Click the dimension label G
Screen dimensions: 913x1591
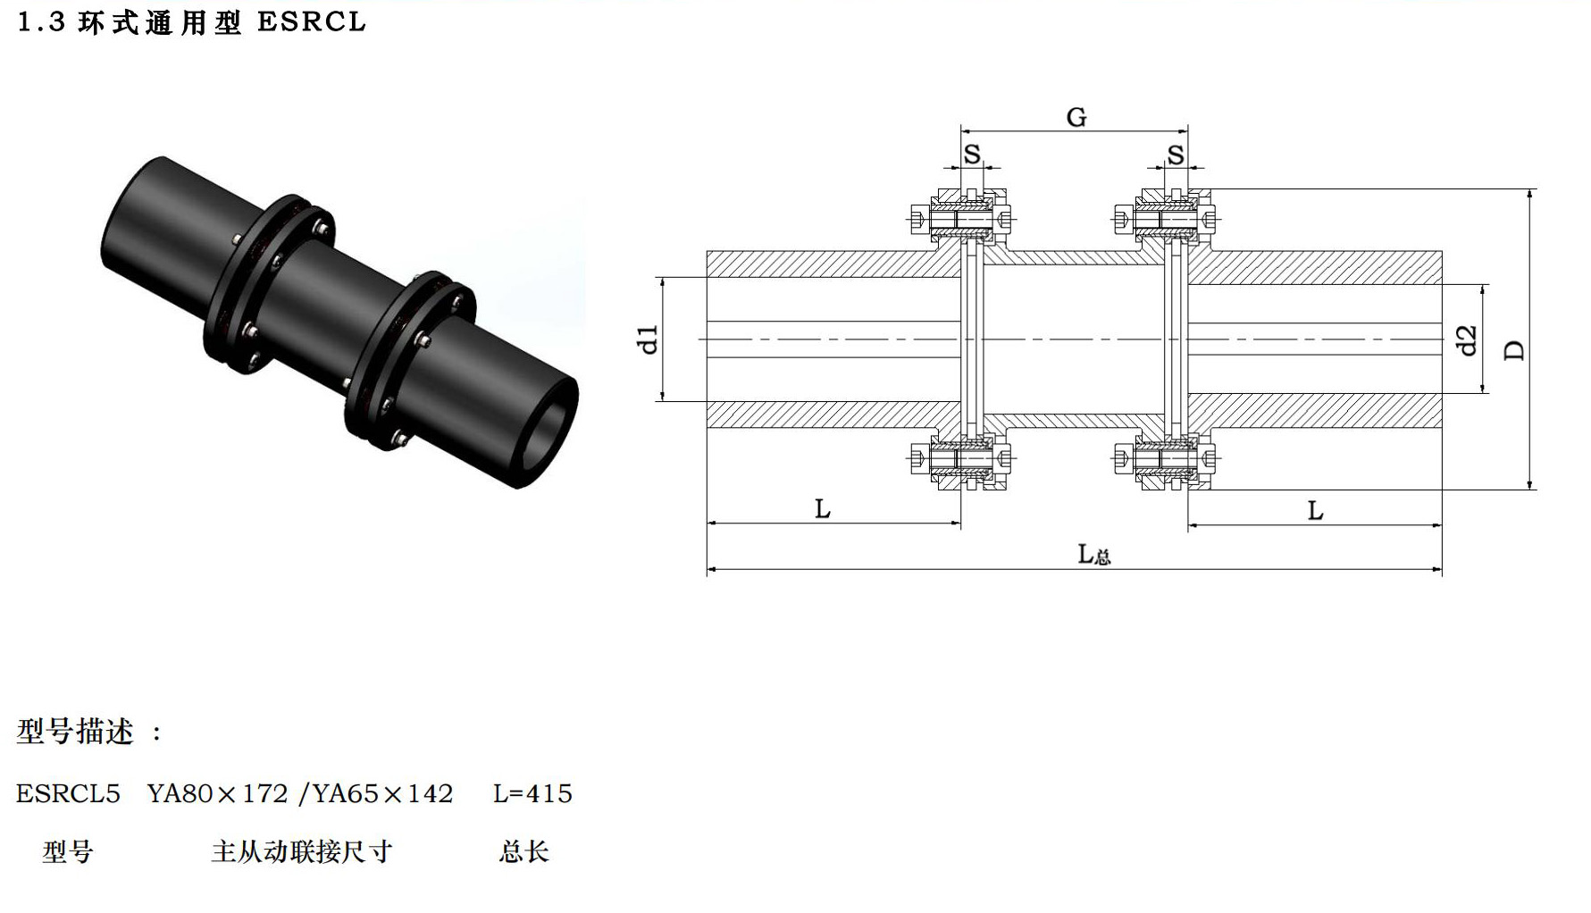click(1076, 117)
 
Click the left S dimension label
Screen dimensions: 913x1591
click(972, 154)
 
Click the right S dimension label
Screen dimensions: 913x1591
click(1176, 154)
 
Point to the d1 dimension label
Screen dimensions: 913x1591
click(649, 339)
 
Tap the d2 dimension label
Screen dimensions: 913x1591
click(1467, 339)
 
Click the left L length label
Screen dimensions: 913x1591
click(823, 509)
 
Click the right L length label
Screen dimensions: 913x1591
click(1315, 511)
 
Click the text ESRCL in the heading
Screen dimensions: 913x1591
click(312, 21)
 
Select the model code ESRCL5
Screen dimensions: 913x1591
click(68, 793)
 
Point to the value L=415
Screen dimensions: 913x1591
click(532, 793)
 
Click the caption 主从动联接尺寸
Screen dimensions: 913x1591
click(302, 851)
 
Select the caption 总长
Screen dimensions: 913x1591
click(523, 851)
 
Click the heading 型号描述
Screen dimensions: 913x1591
click(75, 732)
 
